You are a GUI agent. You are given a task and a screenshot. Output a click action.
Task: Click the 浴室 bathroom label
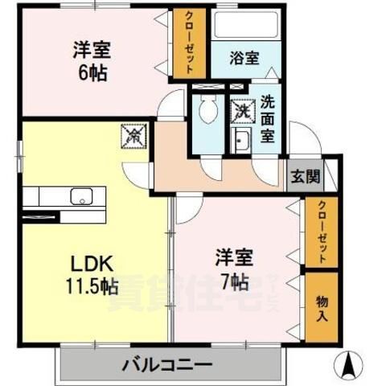(x=244, y=58)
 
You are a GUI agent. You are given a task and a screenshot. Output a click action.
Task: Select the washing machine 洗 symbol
(x=241, y=109)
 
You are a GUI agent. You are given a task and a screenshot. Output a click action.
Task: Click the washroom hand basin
(x=240, y=142)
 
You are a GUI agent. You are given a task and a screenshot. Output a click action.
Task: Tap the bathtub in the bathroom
(x=245, y=26)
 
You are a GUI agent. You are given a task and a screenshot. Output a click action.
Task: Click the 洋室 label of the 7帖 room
(x=234, y=259)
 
